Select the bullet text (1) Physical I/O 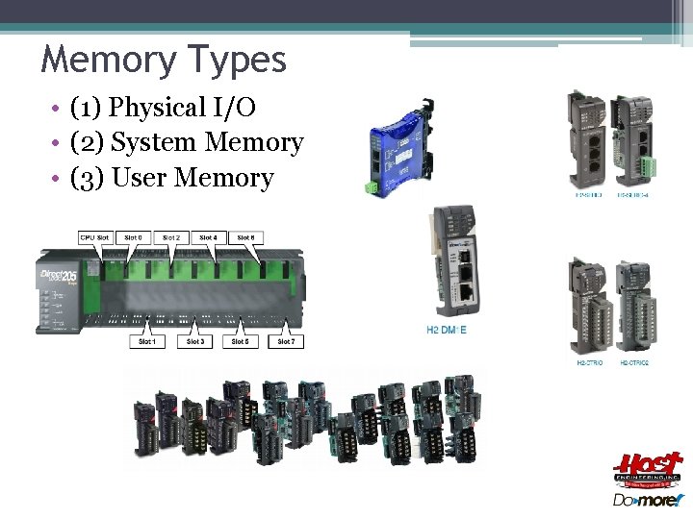coord(163,108)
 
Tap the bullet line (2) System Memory coord(187,142)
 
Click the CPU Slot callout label coord(95,237)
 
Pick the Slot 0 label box coord(134,237)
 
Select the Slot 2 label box coord(170,237)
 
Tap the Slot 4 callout coord(208,237)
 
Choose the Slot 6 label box coord(245,237)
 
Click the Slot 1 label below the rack coord(147,341)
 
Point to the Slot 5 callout coord(240,341)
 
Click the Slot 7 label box coord(286,341)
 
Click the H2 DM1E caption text coord(447,331)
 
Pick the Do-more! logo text coord(648,501)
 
